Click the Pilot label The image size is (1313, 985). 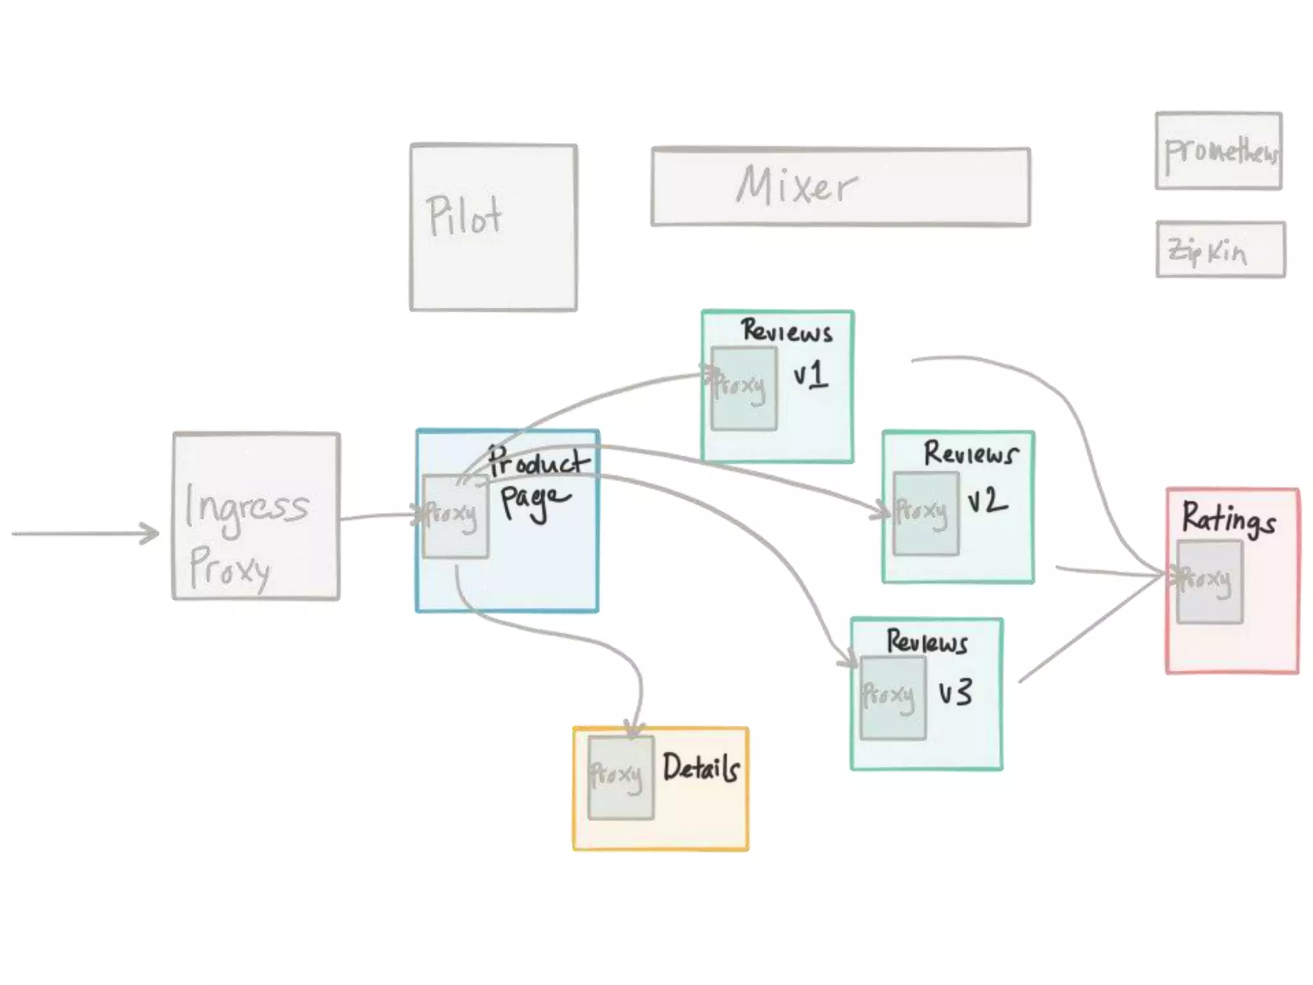click(464, 216)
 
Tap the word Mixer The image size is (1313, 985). click(796, 186)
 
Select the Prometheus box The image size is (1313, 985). click(1219, 151)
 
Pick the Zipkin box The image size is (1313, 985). click(1220, 250)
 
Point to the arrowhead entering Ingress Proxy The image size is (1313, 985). click(151, 534)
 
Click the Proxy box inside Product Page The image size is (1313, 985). click(455, 516)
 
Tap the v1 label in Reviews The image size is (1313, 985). click(810, 375)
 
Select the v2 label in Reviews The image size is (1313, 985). click(987, 501)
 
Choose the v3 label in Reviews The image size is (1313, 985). click(955, 693)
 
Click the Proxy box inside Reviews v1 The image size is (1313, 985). click(744, 389)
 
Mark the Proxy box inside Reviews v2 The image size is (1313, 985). click(926, 514)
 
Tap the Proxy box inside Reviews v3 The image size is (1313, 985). click(892, 698)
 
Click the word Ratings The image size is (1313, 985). click(1228, 519)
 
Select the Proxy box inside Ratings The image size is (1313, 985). click(1209, 582)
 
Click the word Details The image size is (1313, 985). click(701, 768)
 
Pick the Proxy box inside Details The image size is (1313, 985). click(620, 777)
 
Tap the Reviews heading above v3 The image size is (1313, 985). click(926, 641)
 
